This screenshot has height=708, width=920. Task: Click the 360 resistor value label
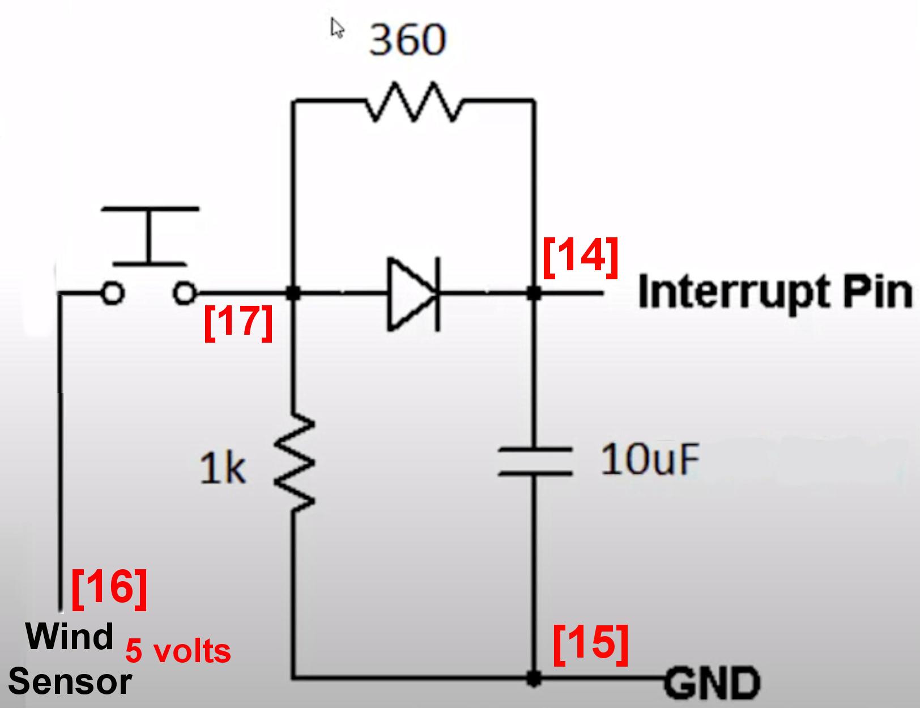click(x=407, y=40)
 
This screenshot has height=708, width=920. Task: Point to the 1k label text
click(x=223, y=469)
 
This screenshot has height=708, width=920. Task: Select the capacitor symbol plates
click(x=534, y=460)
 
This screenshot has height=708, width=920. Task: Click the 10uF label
click(x=650, y=459)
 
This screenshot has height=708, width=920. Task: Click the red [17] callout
click(x=238, y=323)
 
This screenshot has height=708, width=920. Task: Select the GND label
click(x=712, y=684)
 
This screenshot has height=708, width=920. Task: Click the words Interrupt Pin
click(x=774, y=292)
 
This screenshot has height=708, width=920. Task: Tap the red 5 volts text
click(x=178, y=651)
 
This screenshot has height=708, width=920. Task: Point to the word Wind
click(x=70, y=636)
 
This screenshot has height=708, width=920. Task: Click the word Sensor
click(x=70, y=681)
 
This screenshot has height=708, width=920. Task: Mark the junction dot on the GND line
click(x=533, y=677)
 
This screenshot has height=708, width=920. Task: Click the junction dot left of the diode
click(x=293, y=293)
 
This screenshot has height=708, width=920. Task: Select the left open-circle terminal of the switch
click(x=112, y=293)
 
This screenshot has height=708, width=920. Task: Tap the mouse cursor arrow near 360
click(x=337, y=27)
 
